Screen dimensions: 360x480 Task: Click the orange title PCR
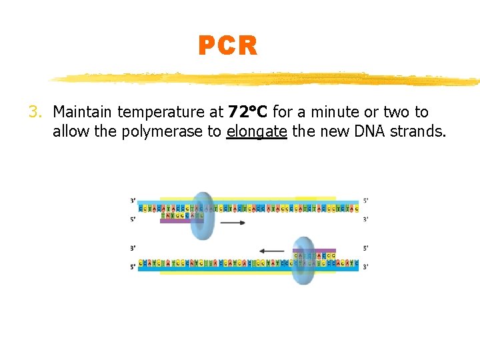227,46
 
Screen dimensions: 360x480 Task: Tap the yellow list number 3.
35,112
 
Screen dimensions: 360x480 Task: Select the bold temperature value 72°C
247,112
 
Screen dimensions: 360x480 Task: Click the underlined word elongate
257,131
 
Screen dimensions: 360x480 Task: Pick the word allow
71,131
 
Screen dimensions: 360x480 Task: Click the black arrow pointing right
231,223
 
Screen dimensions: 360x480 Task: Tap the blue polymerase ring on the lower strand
303,261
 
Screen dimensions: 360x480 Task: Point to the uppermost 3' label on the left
133,200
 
